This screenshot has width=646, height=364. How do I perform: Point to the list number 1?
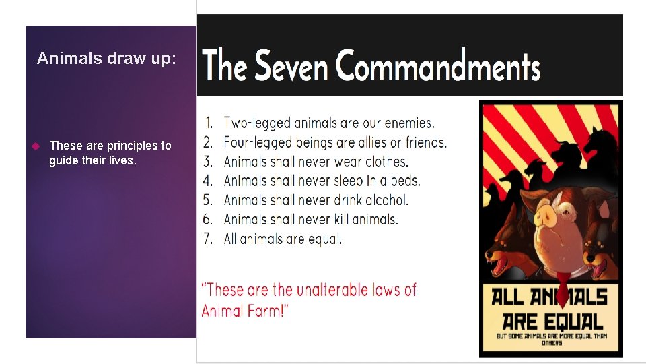click(209, 123)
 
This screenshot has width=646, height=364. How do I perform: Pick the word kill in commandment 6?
click(342, 219)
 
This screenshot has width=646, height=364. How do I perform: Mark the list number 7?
click(209, 239)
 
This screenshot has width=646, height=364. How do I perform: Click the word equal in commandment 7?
click(324, 239)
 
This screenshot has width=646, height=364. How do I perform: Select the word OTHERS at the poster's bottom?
click(550, 343)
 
